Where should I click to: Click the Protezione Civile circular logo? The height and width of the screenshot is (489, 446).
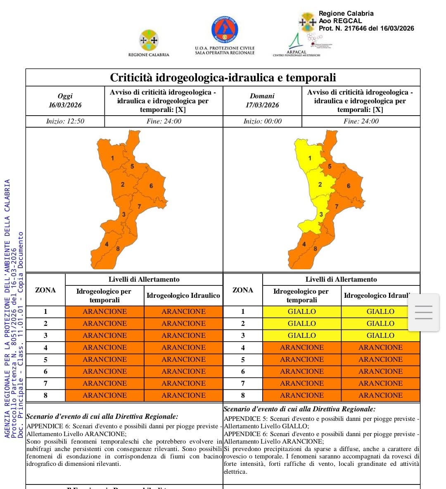225,30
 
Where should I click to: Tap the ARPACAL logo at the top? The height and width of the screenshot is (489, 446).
296,44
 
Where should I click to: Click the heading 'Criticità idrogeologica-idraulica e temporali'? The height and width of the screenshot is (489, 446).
223,78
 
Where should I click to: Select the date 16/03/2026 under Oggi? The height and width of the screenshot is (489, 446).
65,105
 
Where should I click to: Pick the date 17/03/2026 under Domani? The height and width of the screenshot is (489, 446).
262,105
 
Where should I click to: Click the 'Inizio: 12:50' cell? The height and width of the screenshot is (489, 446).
65,121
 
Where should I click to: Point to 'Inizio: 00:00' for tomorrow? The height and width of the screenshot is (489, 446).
262,121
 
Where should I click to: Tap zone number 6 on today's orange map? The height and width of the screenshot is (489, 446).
151,186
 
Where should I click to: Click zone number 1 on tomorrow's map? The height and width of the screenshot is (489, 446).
310,158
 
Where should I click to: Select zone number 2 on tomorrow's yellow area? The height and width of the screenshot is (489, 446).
320,185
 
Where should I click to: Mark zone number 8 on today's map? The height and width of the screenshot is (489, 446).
118,249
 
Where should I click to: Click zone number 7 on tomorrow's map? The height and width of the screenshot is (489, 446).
337,207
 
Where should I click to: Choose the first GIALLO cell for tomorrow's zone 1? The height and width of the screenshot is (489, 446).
302,311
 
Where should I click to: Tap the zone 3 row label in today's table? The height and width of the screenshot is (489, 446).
45,335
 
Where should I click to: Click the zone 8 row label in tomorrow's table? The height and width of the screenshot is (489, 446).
243,395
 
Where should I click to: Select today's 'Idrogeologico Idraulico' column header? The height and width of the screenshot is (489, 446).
183,295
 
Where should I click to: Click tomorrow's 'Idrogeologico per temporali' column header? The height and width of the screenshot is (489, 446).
301,295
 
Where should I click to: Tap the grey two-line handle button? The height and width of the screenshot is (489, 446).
423,312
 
